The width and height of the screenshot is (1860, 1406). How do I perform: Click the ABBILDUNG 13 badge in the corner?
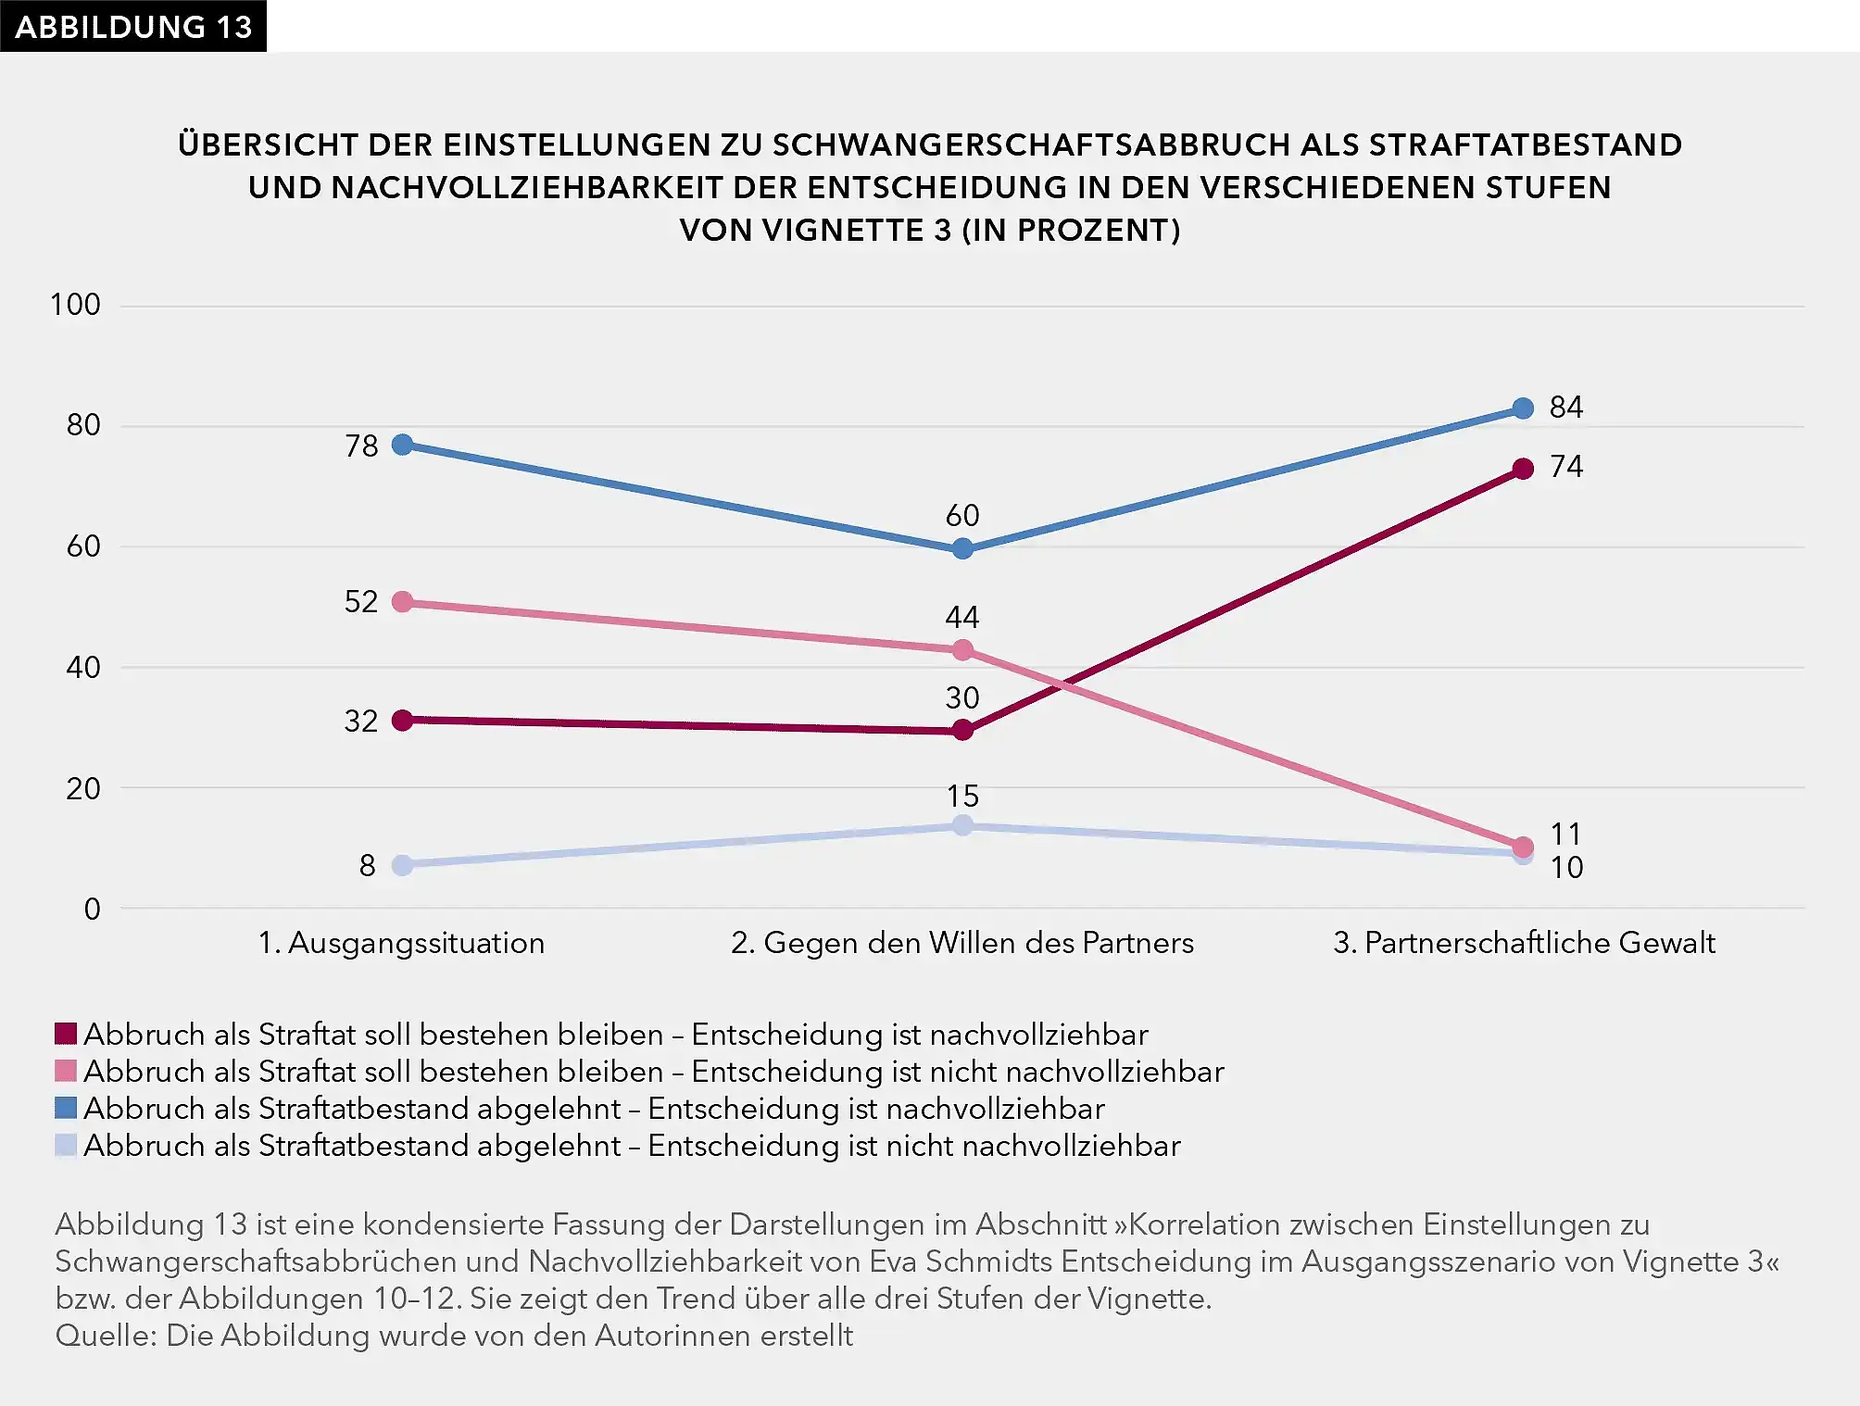pyautogui.click(x=132, y=26)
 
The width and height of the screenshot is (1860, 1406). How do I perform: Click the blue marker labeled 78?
pyautogui.click(x=402, y=445)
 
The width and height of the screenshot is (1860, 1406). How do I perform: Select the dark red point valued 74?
pyautogui.click(x=1522, y=469)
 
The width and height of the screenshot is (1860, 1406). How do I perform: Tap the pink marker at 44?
pyautogui.click(x=962, y=650)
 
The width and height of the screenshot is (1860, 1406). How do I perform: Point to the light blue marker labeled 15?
pyautogui.click(x=962, y=824)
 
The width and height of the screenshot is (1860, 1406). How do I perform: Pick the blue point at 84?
pyautogui.click(x=1522, y=408)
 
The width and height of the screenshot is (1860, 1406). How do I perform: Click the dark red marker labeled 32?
pyautogui.click(x=402, y=720)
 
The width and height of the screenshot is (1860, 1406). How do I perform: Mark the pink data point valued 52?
pyautogui.click(x=402, y=602)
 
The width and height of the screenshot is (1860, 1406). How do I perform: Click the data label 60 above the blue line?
pyautogui.click(x=962, y=515)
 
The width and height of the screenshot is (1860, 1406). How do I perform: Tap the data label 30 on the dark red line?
pyautogui.click(x=962, y=697)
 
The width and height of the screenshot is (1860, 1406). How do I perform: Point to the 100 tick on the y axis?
pyautogui.click(x=75, y=305)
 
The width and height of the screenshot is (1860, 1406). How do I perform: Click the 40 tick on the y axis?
pyautogui.click(x=83, y=667)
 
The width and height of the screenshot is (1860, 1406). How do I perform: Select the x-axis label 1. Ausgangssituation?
pyautogui.click(x=401, y=943)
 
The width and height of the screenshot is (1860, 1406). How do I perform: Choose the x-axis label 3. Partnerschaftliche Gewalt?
pyautogui.click(x=1524, y=943)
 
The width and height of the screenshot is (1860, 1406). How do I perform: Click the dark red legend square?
pyautogui.click(x=66, y=1034)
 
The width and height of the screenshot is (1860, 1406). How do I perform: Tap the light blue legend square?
pyautogui.click(x=66, y=1146)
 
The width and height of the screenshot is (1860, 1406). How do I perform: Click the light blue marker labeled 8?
pyautogui.click(x=402, y=865)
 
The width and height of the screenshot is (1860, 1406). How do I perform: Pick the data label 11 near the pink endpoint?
pyautogui.click(x=1565, y=834)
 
